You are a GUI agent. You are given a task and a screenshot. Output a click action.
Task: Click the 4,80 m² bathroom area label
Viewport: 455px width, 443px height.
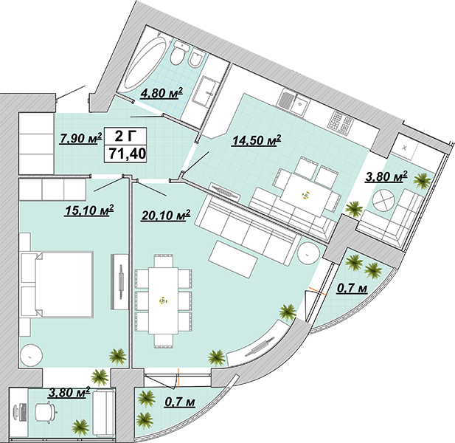click(x=161, y=93)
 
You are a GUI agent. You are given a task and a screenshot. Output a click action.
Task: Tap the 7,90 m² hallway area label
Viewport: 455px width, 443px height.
click(x=80, y=137)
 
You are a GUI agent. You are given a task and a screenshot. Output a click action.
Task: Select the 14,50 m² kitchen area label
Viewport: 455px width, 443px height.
click(x=257, y=140)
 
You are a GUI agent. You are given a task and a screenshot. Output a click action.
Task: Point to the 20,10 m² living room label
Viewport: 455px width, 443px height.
click(x=166, y=216)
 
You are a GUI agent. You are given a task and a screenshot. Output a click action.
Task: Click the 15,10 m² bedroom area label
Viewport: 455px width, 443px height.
click(x=89, y=210)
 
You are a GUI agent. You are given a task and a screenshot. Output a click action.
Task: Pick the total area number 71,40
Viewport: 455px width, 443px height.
click(x=127, y=154)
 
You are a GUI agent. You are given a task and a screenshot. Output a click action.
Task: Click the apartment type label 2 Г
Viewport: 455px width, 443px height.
click(x=126, y=136)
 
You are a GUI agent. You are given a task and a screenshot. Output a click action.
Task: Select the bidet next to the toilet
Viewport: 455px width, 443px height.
click(x=195, y=59)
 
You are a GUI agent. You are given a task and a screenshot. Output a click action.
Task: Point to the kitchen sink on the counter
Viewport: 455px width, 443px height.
click(x=299, y=105)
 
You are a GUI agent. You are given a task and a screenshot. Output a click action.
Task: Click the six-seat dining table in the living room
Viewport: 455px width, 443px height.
click(x=164, y=301)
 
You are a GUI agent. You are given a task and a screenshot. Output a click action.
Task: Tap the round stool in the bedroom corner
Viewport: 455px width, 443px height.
click(x=32, y=356)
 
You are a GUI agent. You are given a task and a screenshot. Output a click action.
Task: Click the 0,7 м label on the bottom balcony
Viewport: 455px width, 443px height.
click(x=180, y=402)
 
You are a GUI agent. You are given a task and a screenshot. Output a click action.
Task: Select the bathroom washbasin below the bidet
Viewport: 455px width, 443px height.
click(x=206, y=91)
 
